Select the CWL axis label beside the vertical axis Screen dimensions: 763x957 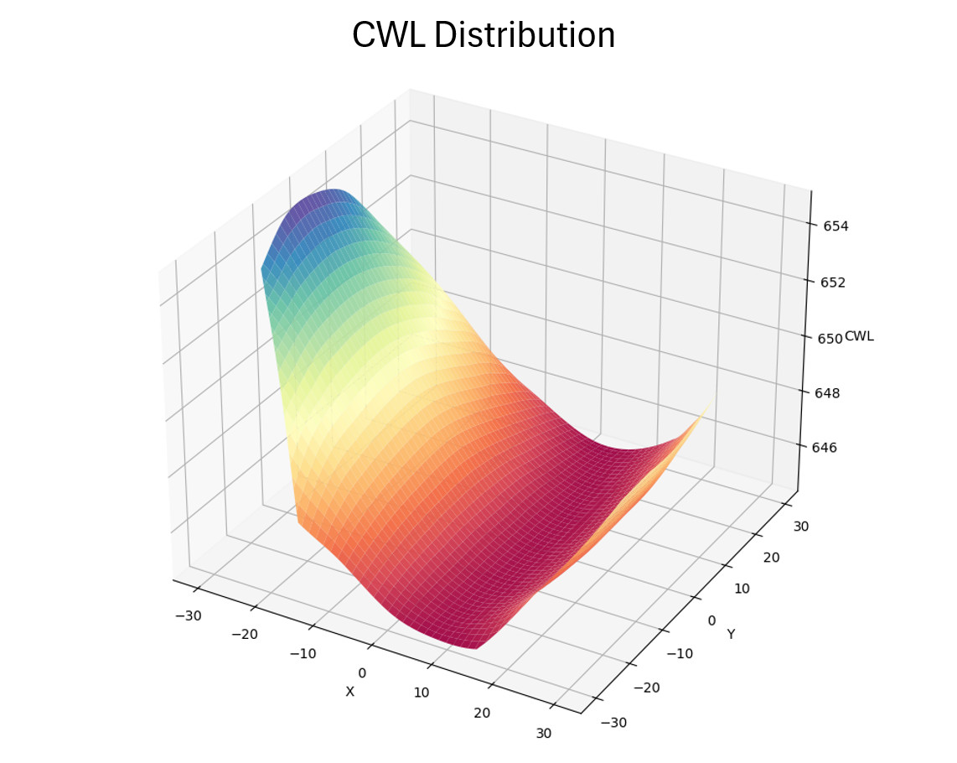click(x=860, y=336)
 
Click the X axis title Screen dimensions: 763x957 click(x=350, y=691)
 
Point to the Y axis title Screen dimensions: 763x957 click(x=731, y=634)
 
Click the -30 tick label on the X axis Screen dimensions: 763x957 click(x=187, y=615)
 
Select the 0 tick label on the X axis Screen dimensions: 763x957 click(x=362, y=672)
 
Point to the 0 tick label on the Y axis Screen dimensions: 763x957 click(x=712, y=620)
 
